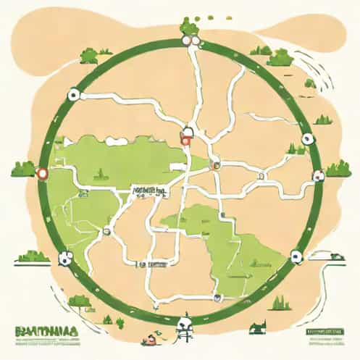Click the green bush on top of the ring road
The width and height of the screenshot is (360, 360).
pos(190,26)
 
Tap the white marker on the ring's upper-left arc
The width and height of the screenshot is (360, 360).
pos(72,94)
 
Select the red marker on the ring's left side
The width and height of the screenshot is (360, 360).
pos(41,173)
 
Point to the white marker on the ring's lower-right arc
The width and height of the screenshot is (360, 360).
pos(296,254)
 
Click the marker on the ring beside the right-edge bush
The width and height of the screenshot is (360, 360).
pos(317,174)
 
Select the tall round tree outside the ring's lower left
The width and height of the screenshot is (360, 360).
pos(79,301)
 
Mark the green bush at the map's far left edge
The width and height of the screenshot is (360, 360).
pos(22,169)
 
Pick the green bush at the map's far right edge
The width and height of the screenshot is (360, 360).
pos(339,169)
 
